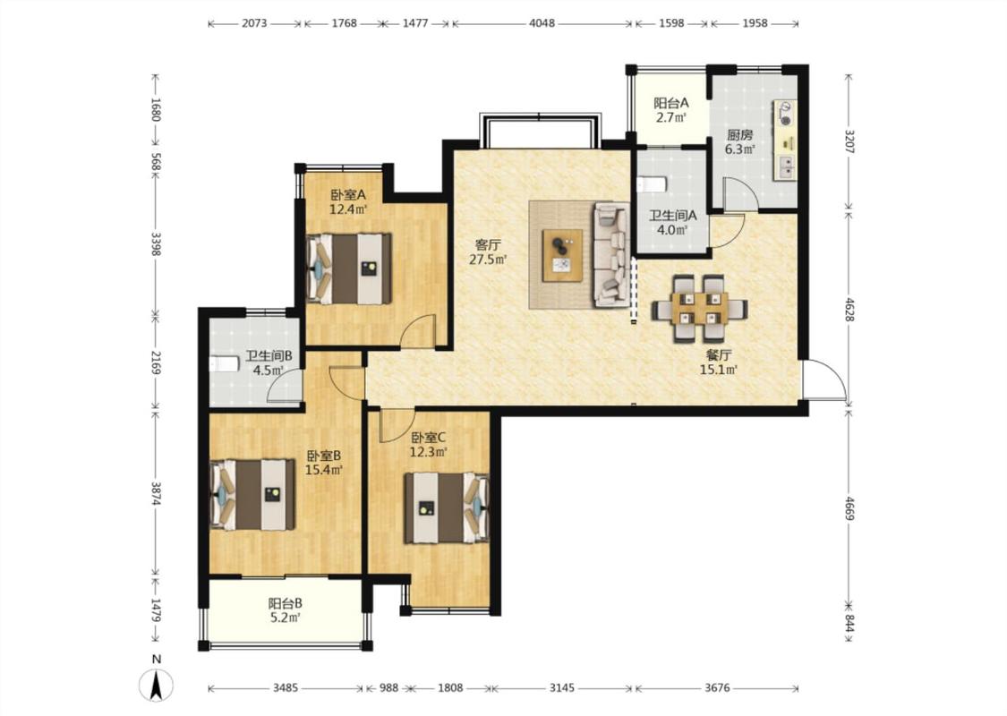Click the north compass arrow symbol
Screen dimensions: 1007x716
tap(156, 685)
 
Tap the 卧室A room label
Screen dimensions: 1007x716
tap(348, 194)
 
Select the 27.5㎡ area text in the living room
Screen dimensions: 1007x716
tap(488, 260)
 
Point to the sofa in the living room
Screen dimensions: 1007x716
tap(610, 254)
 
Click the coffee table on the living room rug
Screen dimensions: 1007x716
tap(563, 256)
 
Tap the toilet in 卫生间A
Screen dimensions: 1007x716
tap(653, 185)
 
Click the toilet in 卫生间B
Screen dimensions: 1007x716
tap(224, 364)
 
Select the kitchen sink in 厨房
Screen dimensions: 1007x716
tap(786, 167)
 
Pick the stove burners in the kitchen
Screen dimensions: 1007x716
tap(786, 113)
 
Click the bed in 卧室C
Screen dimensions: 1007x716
tap(447, 508)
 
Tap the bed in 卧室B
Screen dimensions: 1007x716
tap(252, 494)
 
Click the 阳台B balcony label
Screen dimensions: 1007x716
tap(286, 603)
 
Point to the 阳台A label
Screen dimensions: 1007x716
tap(671, 103)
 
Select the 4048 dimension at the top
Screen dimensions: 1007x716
tap(542, 24)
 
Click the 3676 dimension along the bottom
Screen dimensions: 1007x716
tap(717, 687)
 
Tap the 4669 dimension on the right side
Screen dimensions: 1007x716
tap(849, 508)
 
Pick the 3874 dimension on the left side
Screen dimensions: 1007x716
tap(156, 492)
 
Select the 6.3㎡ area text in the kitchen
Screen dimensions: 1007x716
tap(739, 149)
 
